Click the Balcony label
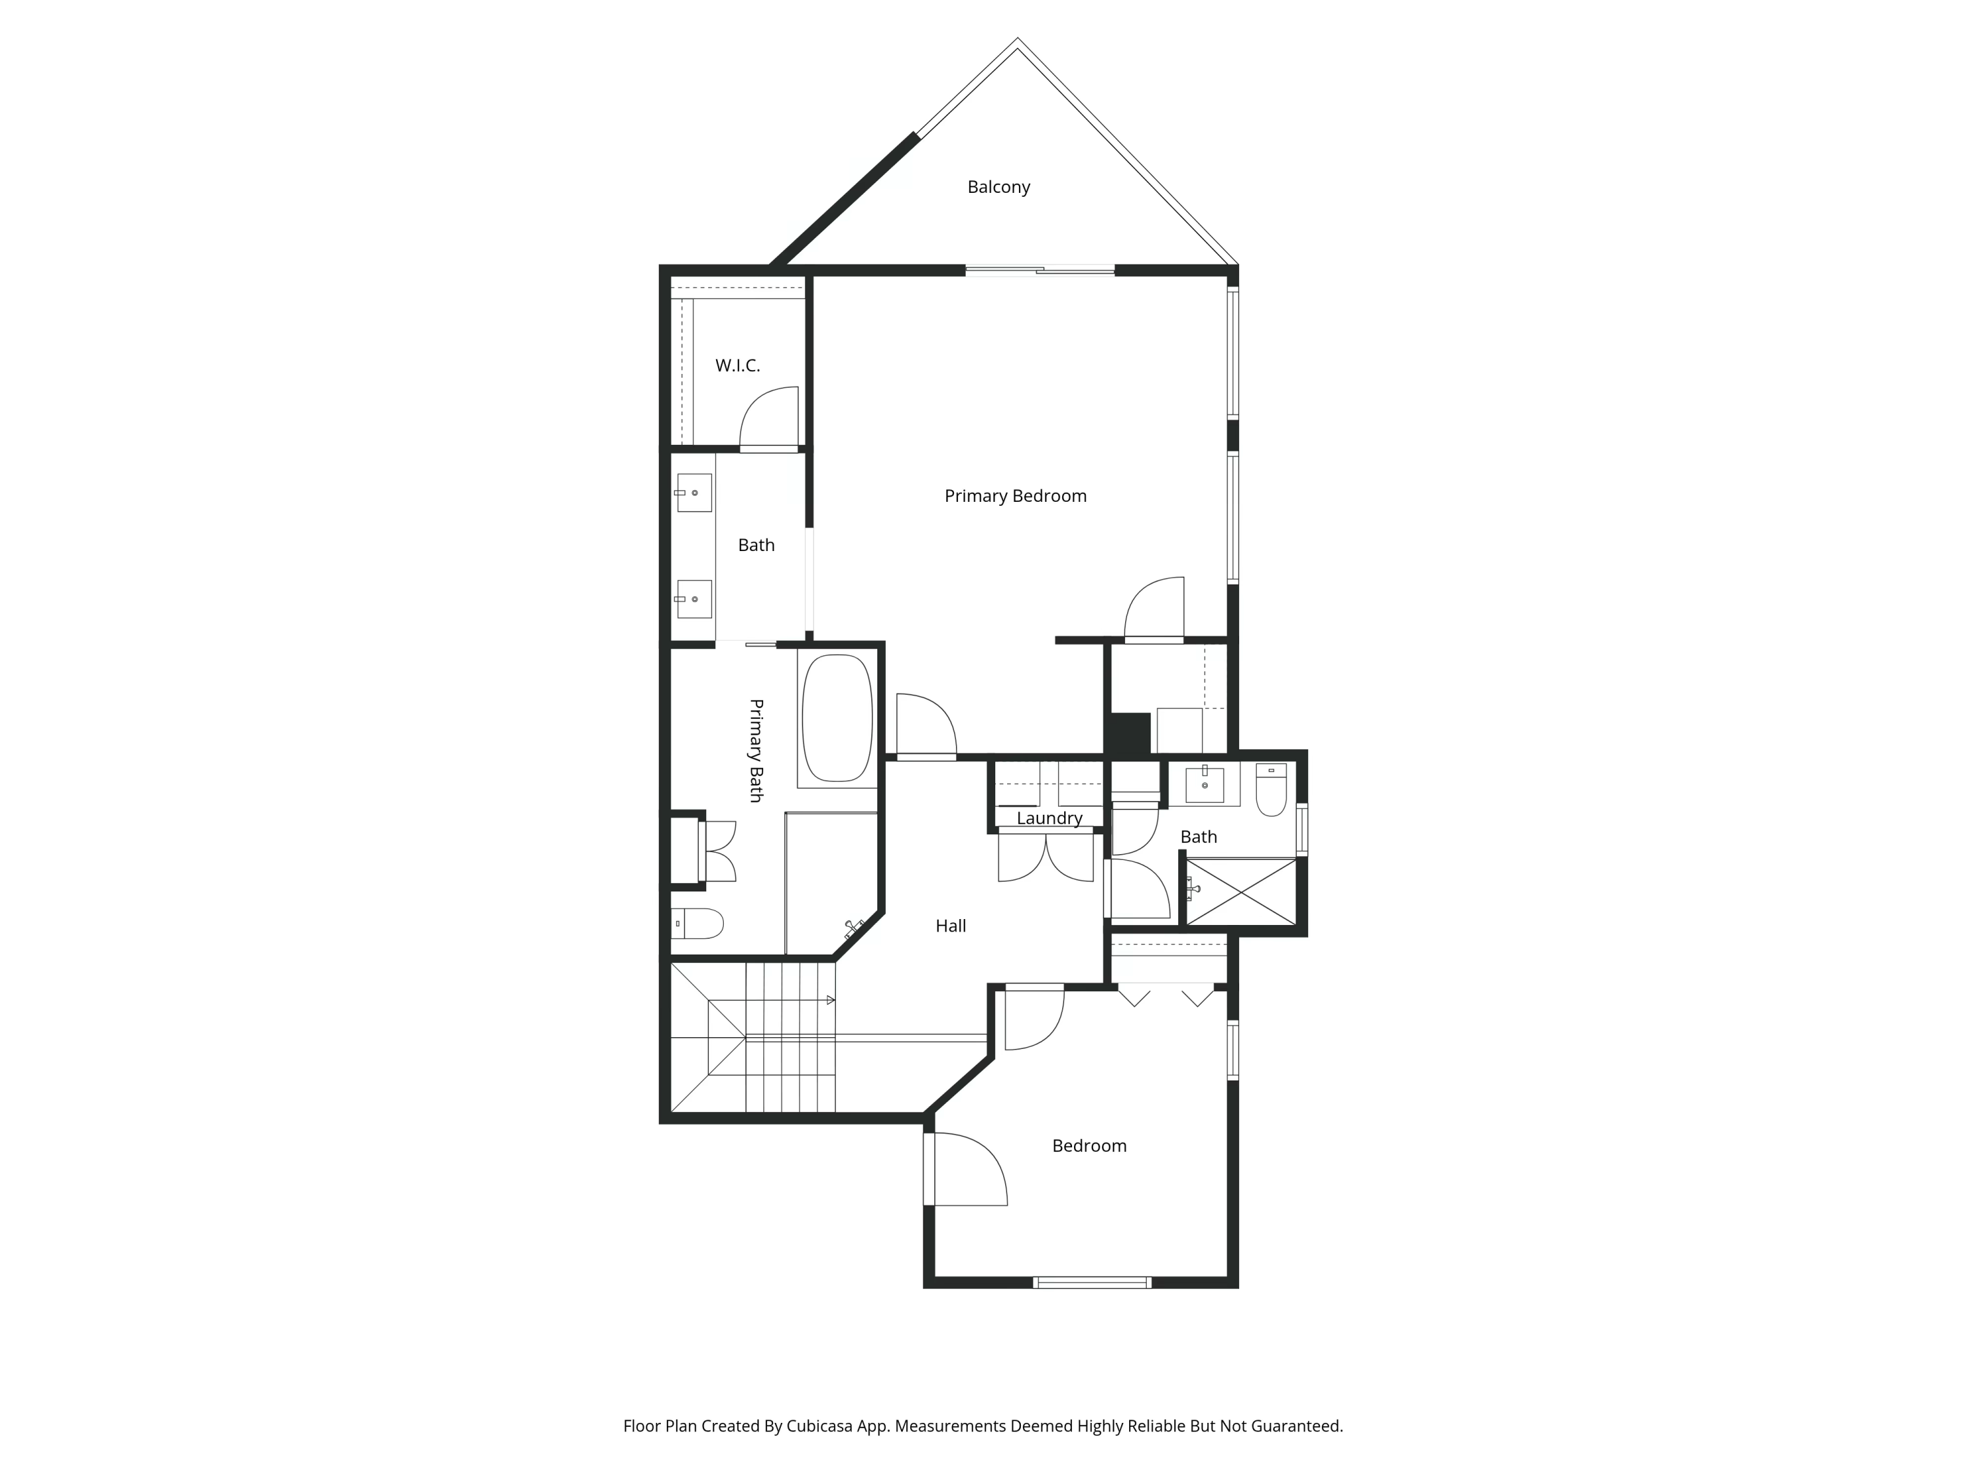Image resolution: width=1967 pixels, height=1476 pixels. pos(998,187)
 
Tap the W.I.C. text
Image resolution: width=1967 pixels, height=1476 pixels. pos(737,365)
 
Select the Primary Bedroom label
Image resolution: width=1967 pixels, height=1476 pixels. pos(1014,495)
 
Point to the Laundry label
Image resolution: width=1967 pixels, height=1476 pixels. pos(1048,817)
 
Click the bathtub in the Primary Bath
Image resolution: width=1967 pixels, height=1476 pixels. pos(837,719)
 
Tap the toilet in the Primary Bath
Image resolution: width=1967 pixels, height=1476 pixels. pos(698,924)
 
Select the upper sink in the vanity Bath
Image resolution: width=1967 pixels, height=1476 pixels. pos(694,493)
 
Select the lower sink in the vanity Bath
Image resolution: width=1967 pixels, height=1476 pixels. pos(694,599)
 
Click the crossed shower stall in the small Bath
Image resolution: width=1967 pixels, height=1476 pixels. pos(1242,892)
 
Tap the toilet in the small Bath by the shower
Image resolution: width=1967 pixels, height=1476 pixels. pos(1271,789)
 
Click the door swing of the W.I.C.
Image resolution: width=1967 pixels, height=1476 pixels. pos(768,418)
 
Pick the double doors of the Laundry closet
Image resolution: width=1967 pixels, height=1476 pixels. pos(1046,856)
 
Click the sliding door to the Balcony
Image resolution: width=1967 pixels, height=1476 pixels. pos(1039,270)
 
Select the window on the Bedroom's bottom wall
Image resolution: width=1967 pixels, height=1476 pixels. pos(1092,1282)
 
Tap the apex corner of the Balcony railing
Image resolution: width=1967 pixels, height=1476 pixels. pos(1018,41)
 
